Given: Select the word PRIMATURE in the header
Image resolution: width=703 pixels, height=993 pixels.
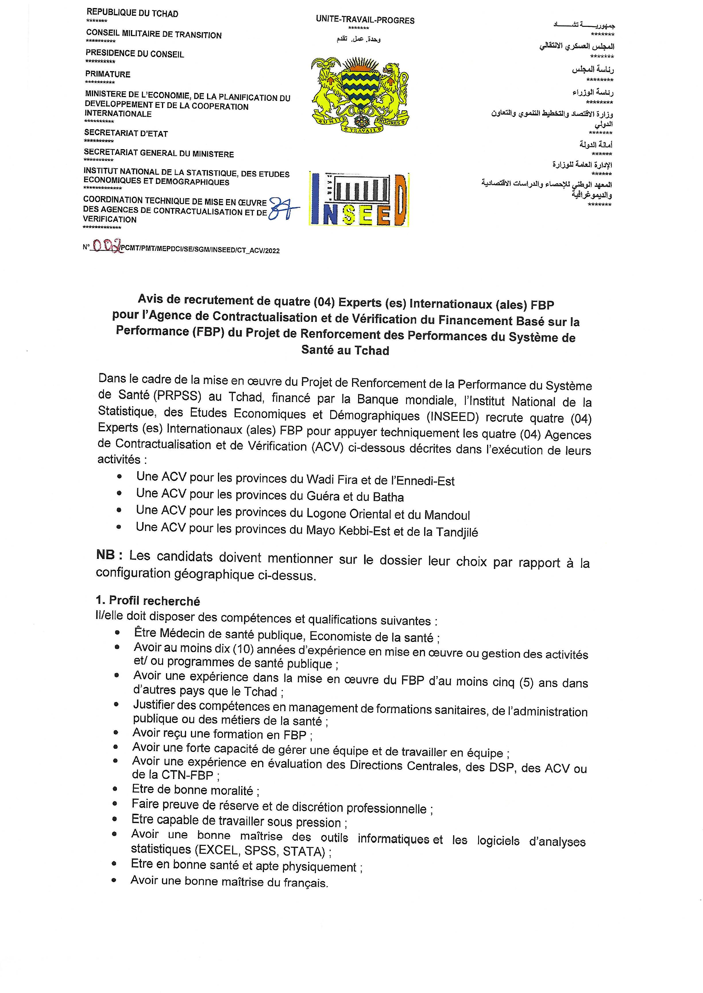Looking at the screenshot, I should [108, 74].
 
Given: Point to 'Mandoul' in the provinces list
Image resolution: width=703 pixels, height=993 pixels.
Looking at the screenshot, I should [447, 515].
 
